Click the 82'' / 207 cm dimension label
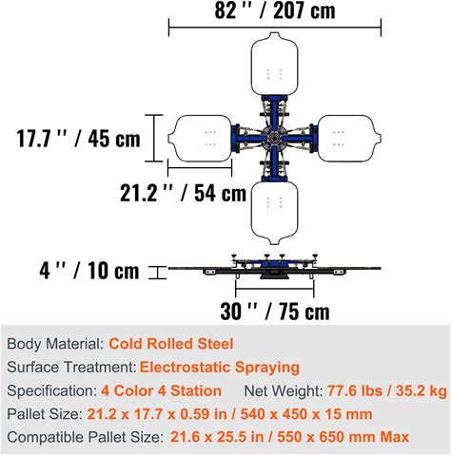point(275,10)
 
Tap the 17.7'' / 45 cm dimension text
point(78,139)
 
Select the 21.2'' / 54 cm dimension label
point(184,193)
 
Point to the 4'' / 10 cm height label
point(89,271)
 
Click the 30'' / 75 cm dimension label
point(275,312)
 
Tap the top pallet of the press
point(275,64)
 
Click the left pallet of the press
point(200,139)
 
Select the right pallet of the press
point(349,139)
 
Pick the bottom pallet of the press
point(275,213)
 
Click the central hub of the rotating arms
point(275,139)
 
